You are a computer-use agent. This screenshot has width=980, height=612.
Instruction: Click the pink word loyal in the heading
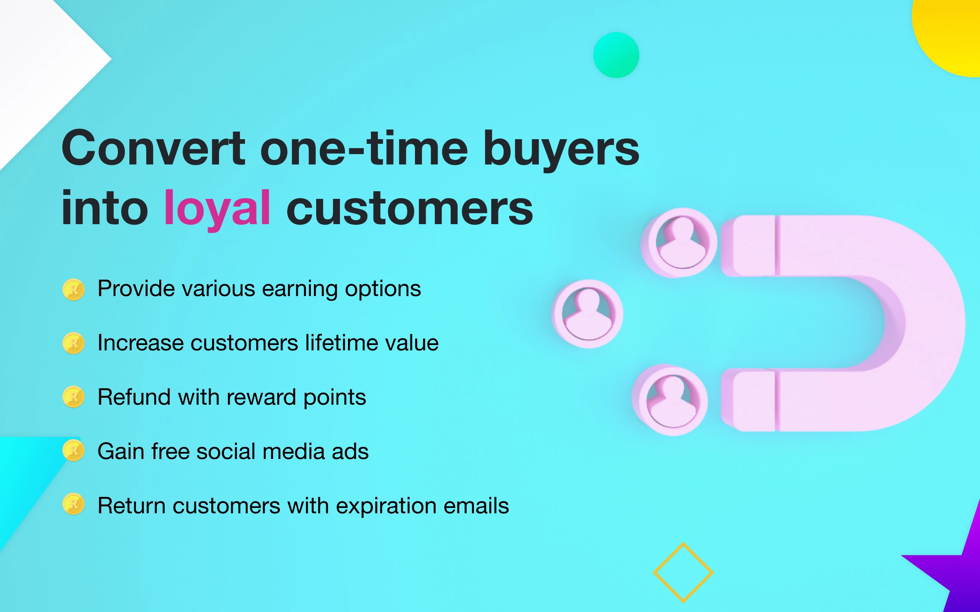coord(217,208)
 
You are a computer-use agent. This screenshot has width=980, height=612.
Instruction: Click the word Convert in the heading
coord(153,148)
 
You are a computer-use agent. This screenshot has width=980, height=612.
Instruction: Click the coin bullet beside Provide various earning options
coord(73,290)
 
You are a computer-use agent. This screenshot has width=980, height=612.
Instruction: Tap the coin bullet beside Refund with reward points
coord(73,397)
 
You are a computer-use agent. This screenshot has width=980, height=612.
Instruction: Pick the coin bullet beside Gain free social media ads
coord(73,451)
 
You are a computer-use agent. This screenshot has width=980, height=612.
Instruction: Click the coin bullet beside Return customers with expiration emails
coord(73,505)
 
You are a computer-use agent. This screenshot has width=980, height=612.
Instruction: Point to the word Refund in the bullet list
coord(134,397)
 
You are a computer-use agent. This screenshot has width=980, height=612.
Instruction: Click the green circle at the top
coord(616,55)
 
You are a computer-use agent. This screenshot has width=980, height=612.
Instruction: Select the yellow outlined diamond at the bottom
coord(683,572)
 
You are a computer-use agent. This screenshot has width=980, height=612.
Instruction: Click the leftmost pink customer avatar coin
coord(588,314)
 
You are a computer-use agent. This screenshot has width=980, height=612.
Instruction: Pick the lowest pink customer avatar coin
coord(670,400)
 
